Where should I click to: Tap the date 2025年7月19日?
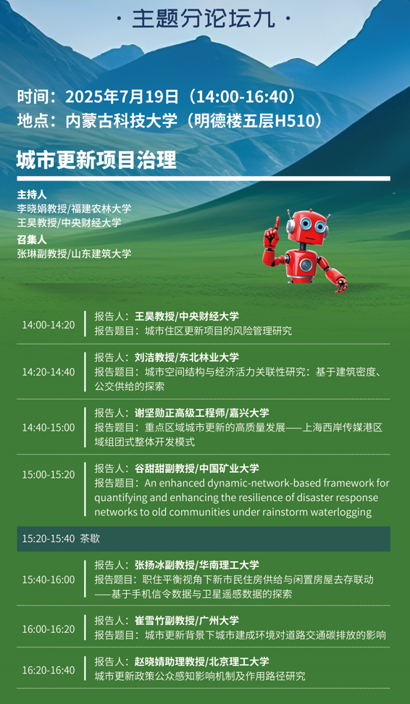point(122,96)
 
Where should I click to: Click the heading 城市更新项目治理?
point(96,160)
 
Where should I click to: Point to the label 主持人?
point(32,195)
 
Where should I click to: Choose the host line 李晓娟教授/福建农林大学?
point(74,209)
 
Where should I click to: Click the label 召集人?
point(32,240)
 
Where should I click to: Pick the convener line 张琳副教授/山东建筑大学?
point(74,254)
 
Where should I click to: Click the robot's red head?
point(308,225)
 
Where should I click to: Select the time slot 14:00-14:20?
point(49,325)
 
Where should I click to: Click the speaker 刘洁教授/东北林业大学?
point(187,357)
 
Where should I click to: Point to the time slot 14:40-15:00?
point(49,428)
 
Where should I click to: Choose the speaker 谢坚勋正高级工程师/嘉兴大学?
point(202,413)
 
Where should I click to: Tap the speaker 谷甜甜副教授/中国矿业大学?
point(197,468)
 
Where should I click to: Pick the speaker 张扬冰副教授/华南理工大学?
point(197,565)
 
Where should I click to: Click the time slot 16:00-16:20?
point(49,629)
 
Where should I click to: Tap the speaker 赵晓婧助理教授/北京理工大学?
point(202,661)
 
